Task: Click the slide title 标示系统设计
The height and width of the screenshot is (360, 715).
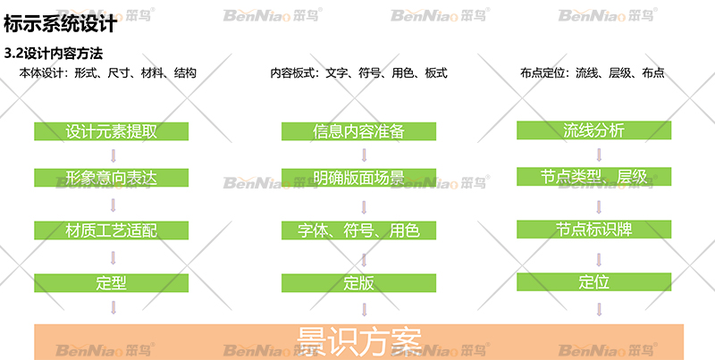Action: click(60, 23)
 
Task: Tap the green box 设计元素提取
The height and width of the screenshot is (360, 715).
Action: click(112, 131)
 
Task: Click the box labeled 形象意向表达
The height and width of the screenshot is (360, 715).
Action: click(112, 178)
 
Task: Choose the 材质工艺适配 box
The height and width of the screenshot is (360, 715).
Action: click(112, 230)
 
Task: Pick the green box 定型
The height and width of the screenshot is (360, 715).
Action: click(112, 283)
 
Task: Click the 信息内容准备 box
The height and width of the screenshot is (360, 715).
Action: click(359, 131)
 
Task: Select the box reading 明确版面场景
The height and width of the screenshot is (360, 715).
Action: click(359, 178)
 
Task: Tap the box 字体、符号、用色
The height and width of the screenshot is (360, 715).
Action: click(359, 230)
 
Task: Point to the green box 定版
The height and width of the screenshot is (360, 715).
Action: click(359, 283)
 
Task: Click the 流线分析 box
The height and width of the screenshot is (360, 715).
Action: click(594, 130)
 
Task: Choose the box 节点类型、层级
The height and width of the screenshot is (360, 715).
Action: click(594, 176)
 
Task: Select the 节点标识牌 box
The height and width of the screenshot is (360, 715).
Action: click(594, 229)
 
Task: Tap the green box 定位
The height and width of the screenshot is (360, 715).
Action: click(594, 282)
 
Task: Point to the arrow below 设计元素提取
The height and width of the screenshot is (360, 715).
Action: click(113, 155)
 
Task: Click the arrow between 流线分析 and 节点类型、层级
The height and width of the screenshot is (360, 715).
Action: click(598, 153)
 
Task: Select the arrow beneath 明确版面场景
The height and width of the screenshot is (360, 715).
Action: click(363, 204)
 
